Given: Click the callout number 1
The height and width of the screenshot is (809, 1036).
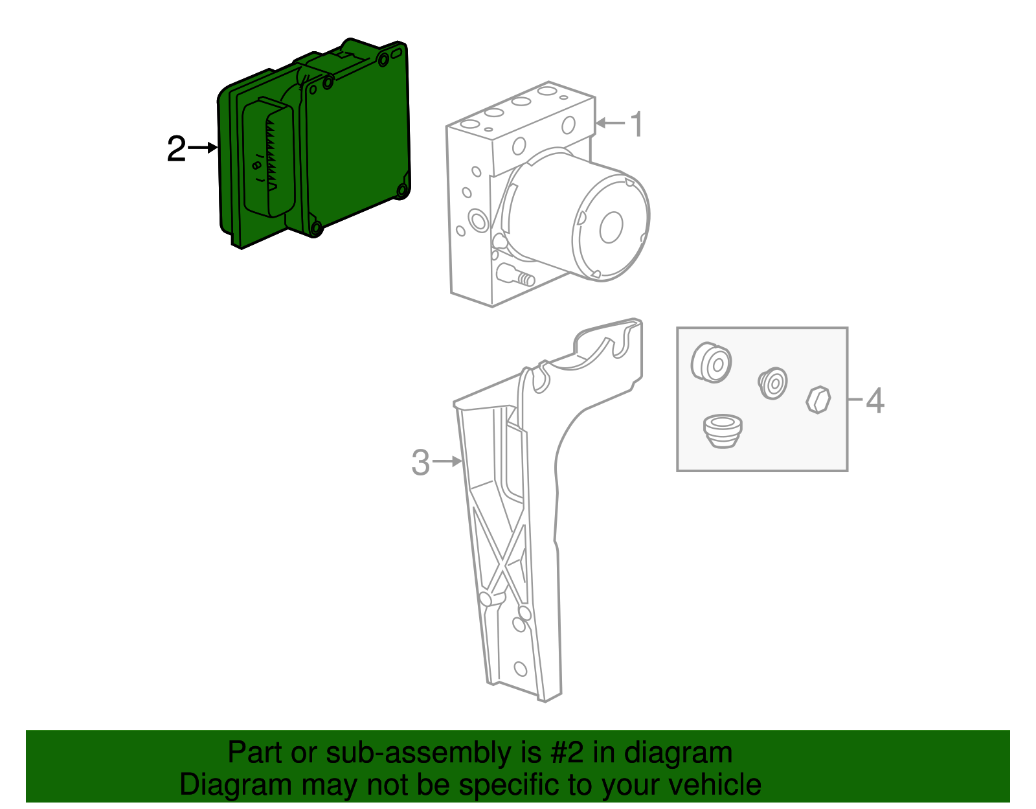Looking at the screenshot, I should point(637,124).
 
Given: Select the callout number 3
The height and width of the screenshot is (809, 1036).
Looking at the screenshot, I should point(420,462).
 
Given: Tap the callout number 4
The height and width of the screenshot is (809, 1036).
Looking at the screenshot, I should point(875,400).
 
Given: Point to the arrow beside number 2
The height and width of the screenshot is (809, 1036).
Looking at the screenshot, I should point(203,148).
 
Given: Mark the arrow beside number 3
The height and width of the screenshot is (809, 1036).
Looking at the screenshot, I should point(448,461).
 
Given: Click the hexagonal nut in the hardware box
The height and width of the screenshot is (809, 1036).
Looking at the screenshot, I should point(818,400).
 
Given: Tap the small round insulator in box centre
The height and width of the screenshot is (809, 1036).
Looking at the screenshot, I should point(773,383).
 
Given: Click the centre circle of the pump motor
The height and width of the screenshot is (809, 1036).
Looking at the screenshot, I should point(611,227).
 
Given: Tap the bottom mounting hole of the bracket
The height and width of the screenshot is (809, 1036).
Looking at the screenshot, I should point(520,668).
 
